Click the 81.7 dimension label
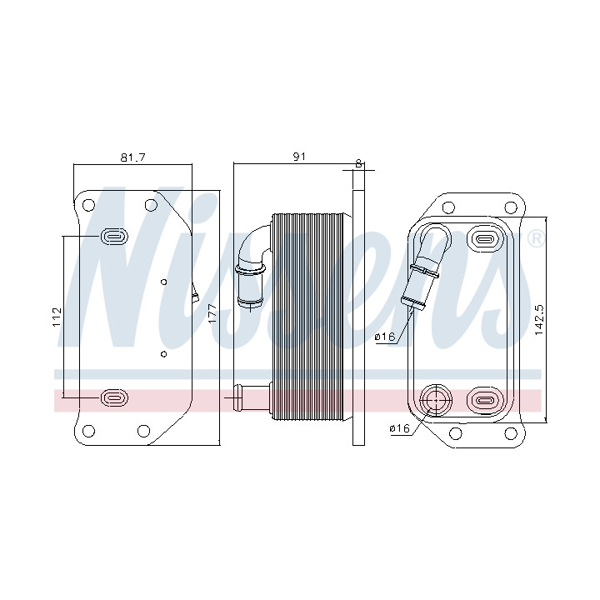[132, 157]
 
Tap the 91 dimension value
[299, 157]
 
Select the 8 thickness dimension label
[358, 163]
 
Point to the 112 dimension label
[57, 317]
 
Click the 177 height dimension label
[212, 313]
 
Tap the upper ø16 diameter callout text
[384, 337]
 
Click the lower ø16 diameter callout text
[399, 428]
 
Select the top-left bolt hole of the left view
[88, 205]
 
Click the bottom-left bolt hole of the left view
[88, 431]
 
